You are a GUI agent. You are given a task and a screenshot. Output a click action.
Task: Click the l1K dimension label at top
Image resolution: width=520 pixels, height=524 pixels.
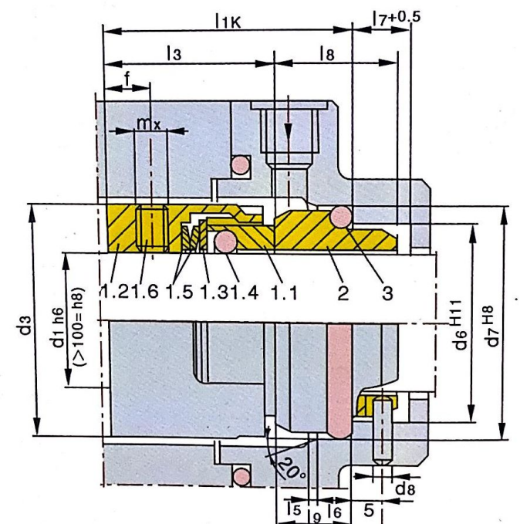point(228,22)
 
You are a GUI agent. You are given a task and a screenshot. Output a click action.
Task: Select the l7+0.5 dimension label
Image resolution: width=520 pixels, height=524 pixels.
point(397,18)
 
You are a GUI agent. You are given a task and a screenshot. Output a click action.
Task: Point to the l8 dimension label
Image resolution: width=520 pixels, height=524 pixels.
point(327,53)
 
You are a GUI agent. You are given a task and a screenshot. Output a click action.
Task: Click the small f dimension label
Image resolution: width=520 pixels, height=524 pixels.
point(127,79)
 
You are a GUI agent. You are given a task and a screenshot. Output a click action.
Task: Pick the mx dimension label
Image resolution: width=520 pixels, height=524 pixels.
point(149,123)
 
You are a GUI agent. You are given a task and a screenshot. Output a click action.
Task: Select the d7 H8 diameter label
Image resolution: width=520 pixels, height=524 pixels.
point(491,326)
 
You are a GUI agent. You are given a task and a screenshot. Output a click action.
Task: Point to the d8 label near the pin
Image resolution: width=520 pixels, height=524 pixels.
point(405,489)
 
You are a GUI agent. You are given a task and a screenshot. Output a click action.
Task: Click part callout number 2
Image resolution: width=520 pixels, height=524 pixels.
point(343,292)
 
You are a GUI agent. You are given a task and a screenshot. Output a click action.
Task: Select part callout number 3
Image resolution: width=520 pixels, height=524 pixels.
point(387,292)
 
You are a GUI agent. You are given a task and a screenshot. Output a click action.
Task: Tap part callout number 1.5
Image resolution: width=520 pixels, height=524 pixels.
point(179,292)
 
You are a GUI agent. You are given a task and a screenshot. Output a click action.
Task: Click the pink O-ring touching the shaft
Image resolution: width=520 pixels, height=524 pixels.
point(225,242)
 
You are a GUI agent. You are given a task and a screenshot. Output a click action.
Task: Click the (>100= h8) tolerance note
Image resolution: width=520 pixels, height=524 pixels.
point(79,326)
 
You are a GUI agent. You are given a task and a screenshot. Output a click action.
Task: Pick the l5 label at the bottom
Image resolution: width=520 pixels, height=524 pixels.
point(294,510)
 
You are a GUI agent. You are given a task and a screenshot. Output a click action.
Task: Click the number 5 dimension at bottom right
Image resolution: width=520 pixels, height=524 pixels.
point(368,510)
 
